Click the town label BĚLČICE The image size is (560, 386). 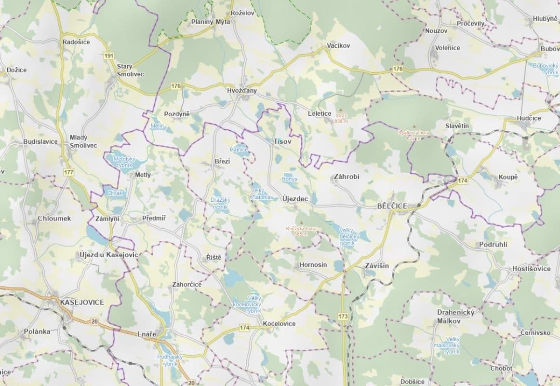pos(392,207)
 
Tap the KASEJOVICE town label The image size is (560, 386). pos(82,303)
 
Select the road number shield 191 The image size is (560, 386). pos(109,56)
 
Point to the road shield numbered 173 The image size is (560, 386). pos(343,317)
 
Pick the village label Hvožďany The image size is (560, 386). pos(242,91)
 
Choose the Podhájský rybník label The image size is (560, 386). pos(168,360)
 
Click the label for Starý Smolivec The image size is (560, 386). pos(130,70)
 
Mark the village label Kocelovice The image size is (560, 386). pos(279,324)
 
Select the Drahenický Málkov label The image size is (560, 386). pos(455,317)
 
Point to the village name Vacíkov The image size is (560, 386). pos(338,45)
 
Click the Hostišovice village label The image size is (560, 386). pos(531,269)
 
